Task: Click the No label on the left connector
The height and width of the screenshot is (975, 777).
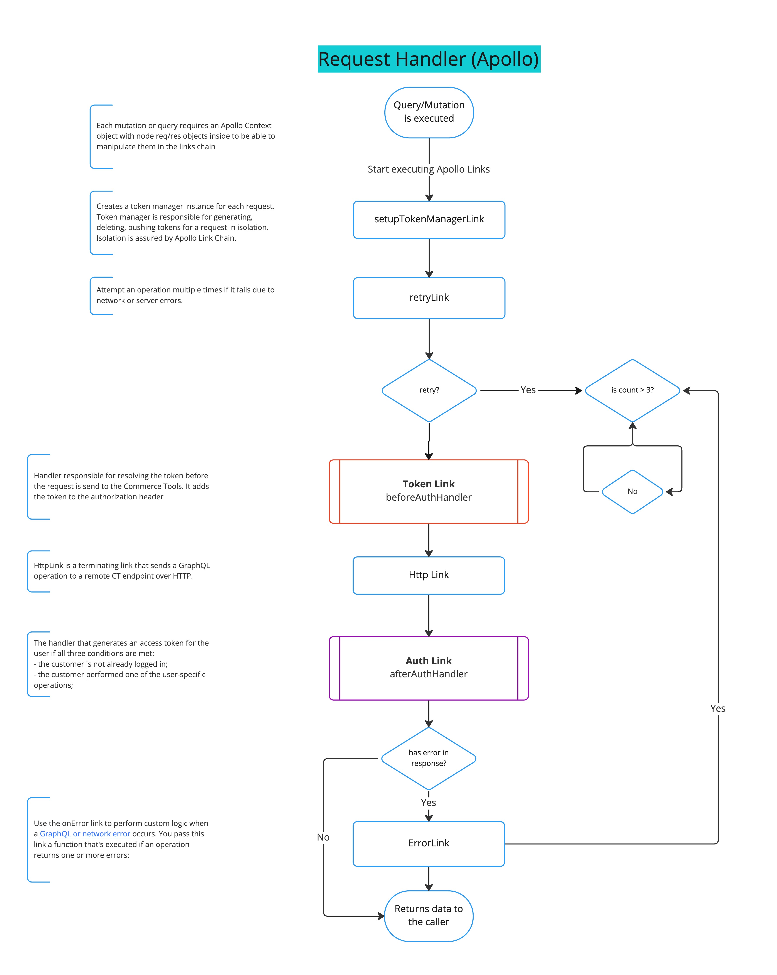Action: [323, 837]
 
